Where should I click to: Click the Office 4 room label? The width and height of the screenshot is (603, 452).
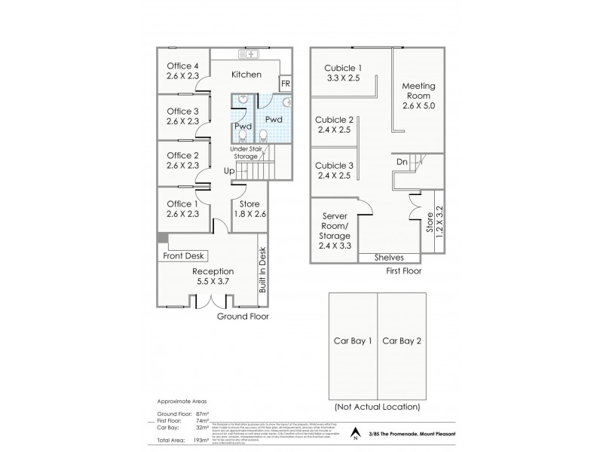182,65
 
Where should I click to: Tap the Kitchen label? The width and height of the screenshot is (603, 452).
246,75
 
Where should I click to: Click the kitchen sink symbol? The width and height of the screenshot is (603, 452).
248,54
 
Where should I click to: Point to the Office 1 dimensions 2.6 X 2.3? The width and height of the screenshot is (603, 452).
182,214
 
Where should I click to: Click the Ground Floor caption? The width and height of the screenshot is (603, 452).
243,316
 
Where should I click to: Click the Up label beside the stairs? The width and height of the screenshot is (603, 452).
228,171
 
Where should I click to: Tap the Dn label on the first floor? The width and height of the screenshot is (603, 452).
403,161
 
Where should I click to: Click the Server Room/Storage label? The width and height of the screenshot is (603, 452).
334,225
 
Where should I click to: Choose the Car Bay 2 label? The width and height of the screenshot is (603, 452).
401,341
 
